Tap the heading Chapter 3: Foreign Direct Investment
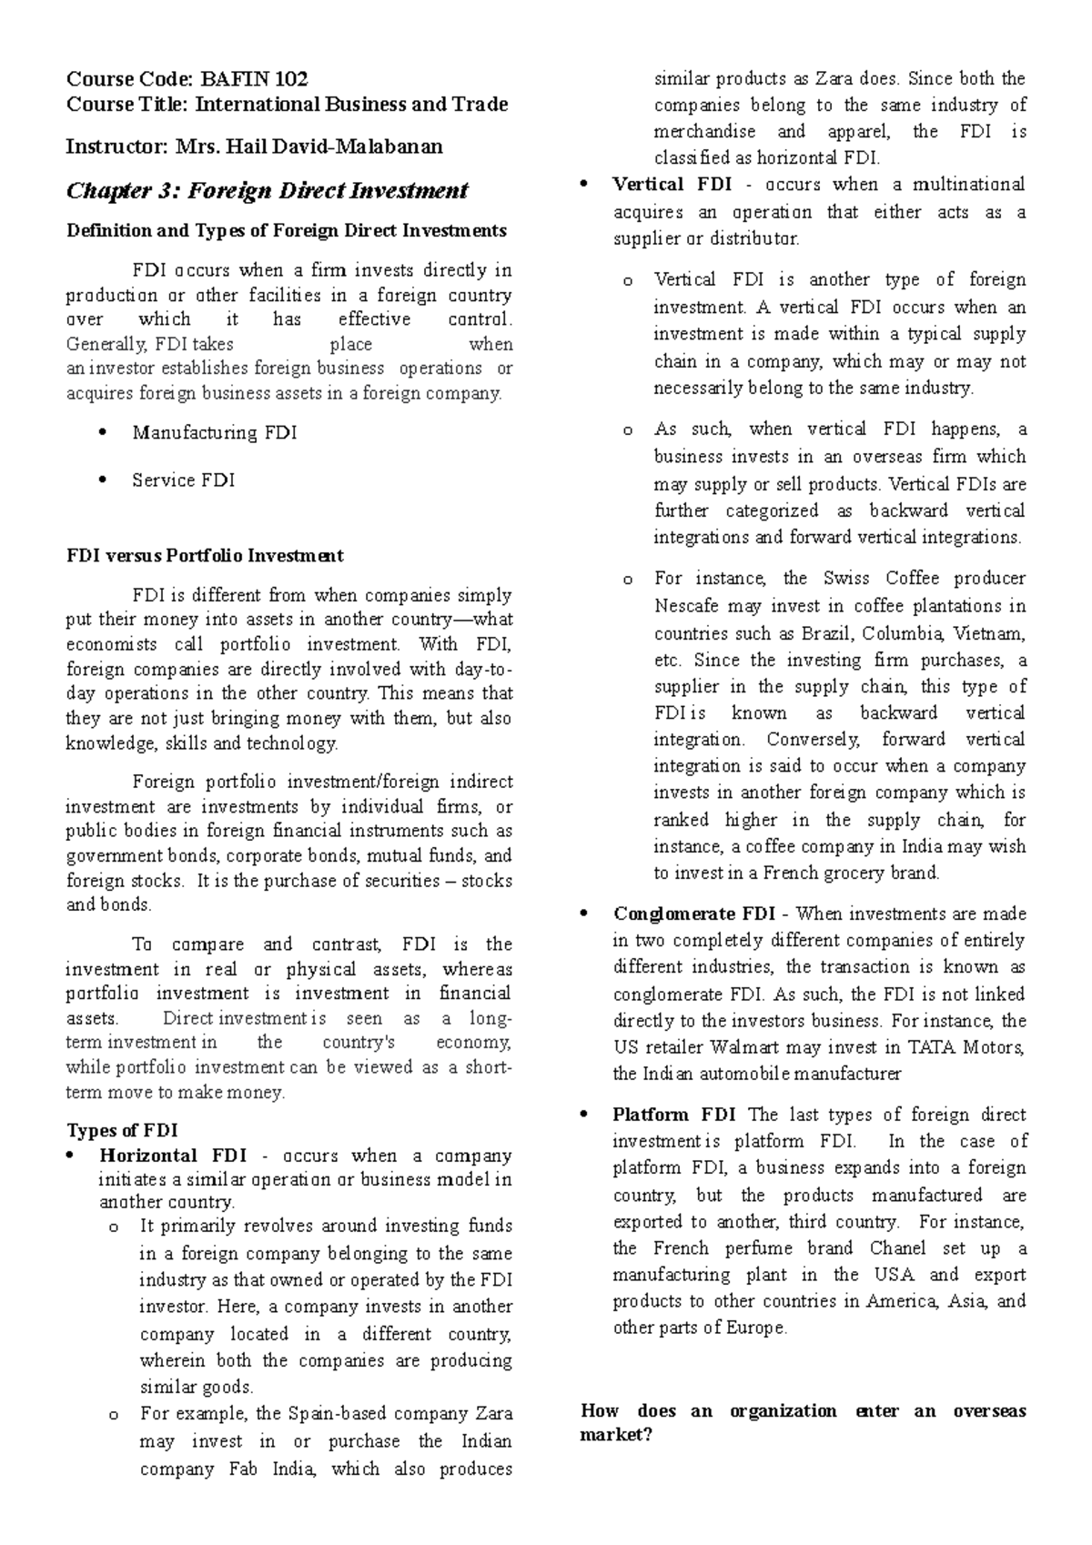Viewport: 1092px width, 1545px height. (x=268, y=190)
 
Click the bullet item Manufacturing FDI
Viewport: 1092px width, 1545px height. (x=215, y=433)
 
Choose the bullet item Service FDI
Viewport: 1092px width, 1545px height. (x=184, y=480)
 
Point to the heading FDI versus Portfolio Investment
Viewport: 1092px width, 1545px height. (x=205, y=555)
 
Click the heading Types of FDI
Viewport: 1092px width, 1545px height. (x=122, y=1131)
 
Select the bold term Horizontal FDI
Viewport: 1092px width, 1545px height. (x=173, y=1156)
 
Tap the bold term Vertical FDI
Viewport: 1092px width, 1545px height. (x=672, y=185)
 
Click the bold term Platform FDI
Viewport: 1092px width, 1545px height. (x=672, y=1115)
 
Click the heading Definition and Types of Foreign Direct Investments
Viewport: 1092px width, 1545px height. (x=287, y=230)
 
